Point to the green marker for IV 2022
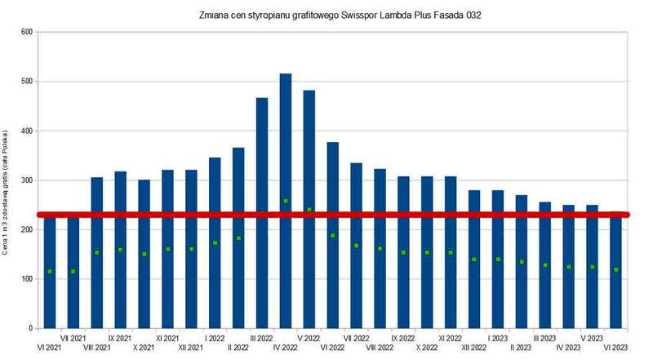pyautogui.click(x=286, y=201)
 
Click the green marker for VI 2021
pyautogui.click(x=50, y=271)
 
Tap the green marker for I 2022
pyautogui.click(x=215, y=242)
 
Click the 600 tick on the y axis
pyautogui.click(x=26, y=33)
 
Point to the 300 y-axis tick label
pyautogui.click(x=26, y=180)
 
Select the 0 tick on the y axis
pyautogui.click(x=30, y=328)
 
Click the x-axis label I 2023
pyautogui.click(x=498, y=337)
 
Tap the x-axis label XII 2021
pyautogui.click(x=191, y=348)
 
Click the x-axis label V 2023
pyautogui.click(x=592, y=337)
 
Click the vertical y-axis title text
pyautogui.click(x=7, y=192)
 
